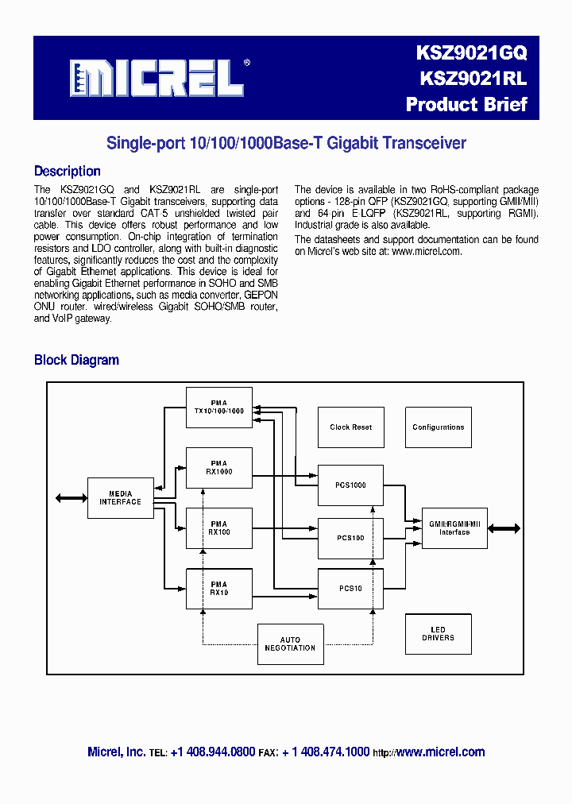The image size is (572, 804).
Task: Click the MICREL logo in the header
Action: pyautogui.click(x=155, y=78)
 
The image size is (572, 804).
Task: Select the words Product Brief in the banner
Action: pyautogui.click(x=466, y=104)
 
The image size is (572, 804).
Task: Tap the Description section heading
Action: pyautogui.click(x=67, y=171)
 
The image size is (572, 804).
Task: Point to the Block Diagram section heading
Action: pyautogui.click(x=76, y=360)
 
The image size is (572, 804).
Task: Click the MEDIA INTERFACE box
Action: pyautogui.click(x=120, y=498)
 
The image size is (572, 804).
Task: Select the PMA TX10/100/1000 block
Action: pyautogui.click(x=218, y=408)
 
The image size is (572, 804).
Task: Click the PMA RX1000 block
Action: pyautogui.click(x=218, y=468)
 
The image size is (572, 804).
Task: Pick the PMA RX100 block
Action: pyautogui.click(x=218, y=528)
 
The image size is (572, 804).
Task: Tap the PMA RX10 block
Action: pyautogui.click(x=218, y=589)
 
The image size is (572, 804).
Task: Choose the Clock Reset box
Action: pyautogui.click(x=350, y=427)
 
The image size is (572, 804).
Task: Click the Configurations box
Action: pyautogui.click(x=438, y=427)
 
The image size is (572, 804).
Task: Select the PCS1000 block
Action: pyautogui.click(x=350, y=485)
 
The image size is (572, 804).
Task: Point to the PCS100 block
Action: pyautogui.click(x=350, y=538)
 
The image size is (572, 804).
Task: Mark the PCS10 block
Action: pyautogui.click(x=350, y=589)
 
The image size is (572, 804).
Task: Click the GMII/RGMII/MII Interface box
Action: pyautogui.click(x=454, y=528)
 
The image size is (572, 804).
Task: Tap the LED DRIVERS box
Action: pyautogui.click(x=438, y=634)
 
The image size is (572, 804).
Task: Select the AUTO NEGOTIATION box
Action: pyautogui.click(x=290, y=644)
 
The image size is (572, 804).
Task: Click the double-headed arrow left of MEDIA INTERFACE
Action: pyautogui.click(x=70, y=498)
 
